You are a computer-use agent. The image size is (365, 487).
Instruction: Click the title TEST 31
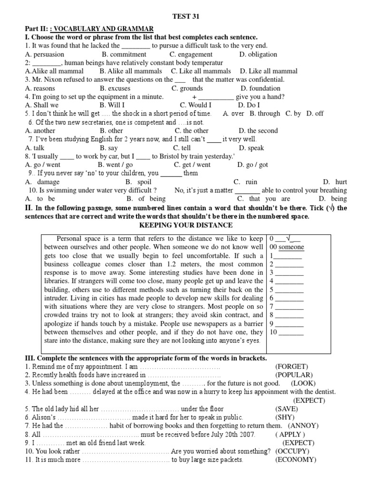tap(182, 16)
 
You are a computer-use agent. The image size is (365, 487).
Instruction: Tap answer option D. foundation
tap(260, 88)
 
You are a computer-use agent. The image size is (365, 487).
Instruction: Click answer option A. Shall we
tap(42, 105)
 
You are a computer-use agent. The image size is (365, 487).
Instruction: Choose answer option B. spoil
tap(138, 182)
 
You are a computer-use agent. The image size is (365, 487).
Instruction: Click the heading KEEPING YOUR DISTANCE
tap(182, 224)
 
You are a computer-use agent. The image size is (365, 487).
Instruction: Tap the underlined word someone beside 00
tap(291, 247)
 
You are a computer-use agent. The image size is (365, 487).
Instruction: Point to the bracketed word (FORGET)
tap(291, 366)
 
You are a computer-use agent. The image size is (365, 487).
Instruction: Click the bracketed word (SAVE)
tap(287, 409)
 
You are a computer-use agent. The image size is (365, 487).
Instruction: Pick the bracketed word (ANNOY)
tap(303, 426)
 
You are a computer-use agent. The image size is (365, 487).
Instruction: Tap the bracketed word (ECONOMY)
tap(295, 459)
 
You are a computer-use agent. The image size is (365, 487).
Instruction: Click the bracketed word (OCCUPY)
tap(292, 451)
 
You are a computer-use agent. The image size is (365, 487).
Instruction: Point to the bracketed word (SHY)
tap(285, 417)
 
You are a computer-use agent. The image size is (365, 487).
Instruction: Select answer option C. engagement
tap(191, 54)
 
